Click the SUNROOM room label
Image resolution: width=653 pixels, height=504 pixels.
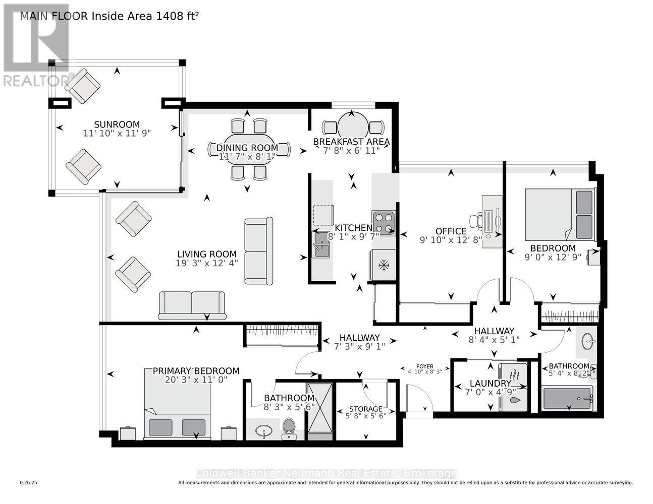click(x=117, y=124)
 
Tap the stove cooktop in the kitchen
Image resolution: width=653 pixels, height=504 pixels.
click(x=384, y=223)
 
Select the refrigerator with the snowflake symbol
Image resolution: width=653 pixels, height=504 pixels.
click(x=384, y=265)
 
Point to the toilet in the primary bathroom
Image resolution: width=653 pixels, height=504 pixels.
click(x=289, y=426)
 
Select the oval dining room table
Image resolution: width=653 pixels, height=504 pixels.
click(x=249, y=148)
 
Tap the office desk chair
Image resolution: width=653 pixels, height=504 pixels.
click(x=475, y=220)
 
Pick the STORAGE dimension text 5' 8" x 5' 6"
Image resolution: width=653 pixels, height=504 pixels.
click(x=366, y=416)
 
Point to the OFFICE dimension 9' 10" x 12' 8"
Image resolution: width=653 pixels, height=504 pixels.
click(x=451, y=240)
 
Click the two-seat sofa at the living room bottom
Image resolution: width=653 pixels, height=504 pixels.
click(x=192, y=305)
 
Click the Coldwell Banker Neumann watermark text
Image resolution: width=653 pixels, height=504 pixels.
click(x=326, y=473)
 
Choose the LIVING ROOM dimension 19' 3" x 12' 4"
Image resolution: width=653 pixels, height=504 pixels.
click(x=207, y=263)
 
